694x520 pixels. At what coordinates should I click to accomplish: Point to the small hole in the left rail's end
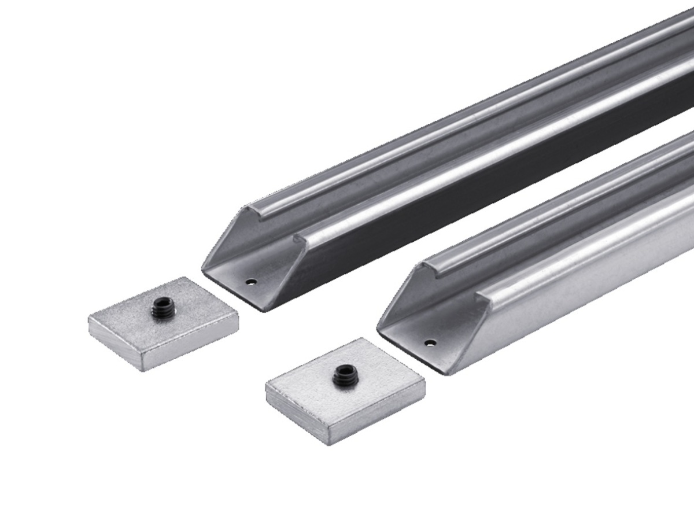pyautogui.click(x=250, y=282)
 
